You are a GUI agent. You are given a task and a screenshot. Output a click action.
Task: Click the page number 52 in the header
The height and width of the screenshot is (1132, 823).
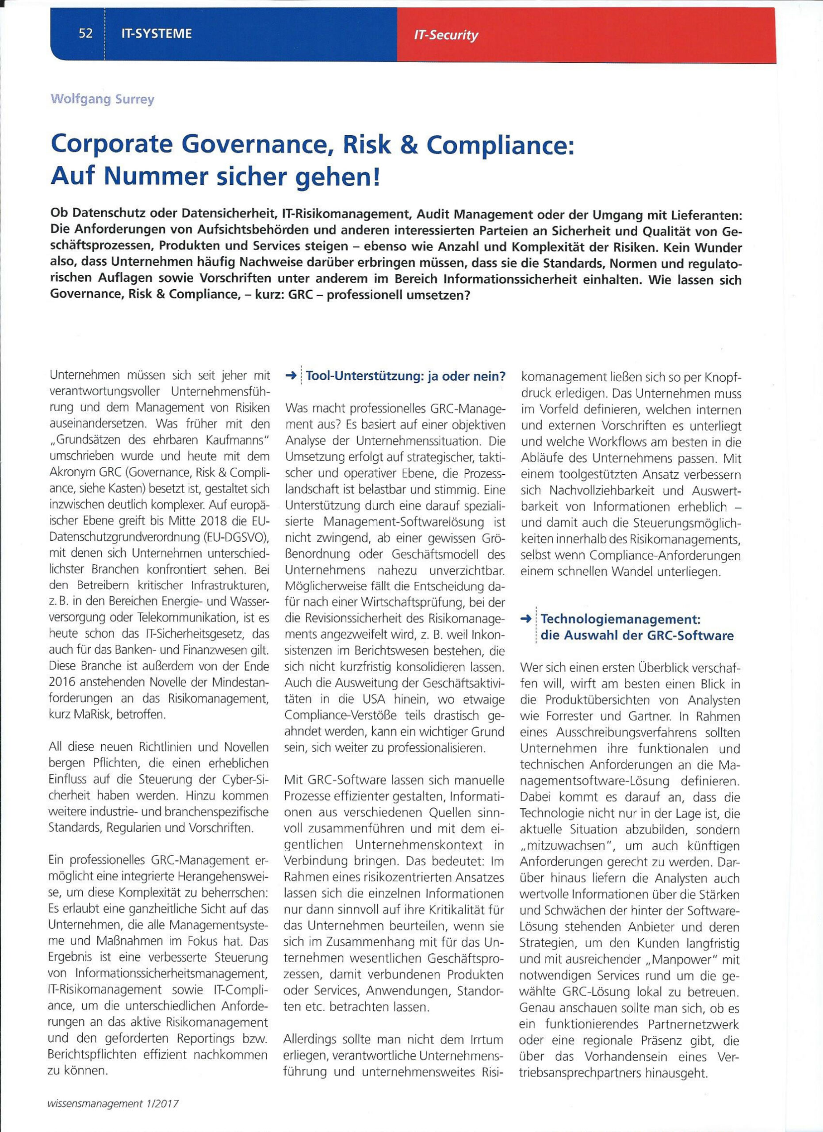[x=85, y=34]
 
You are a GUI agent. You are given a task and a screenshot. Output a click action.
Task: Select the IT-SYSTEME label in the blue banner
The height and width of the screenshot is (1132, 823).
[x=156, y=34]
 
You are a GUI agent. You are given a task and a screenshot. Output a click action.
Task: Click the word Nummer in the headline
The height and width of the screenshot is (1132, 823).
[x=159, y=177]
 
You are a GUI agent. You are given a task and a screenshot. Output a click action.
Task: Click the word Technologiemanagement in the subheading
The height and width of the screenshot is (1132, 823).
[x=620, y=619]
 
